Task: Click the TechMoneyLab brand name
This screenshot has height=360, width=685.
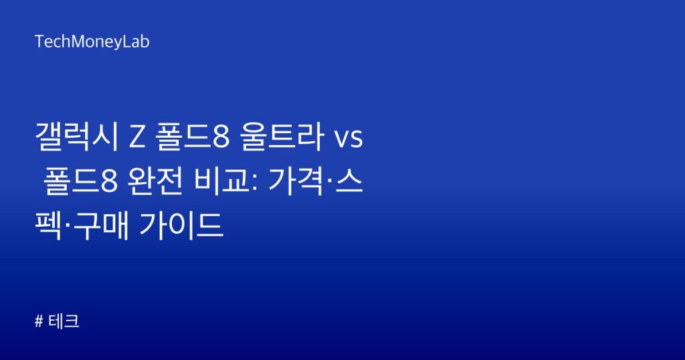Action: pos(92,42)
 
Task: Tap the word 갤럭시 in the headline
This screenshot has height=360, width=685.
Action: pos(76,137)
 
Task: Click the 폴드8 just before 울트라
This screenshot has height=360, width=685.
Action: pos(192,137)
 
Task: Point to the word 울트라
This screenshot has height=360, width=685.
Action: pos(282,137)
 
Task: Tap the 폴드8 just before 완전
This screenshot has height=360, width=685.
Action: pos(81,181)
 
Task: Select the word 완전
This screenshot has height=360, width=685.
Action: pos(155,181)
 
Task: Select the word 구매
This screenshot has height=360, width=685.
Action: pos(101,226)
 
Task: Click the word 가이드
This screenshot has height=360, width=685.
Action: pos(181,226)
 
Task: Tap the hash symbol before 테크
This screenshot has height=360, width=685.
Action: pos(39,322)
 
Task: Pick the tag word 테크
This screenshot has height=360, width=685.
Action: pos(64,322)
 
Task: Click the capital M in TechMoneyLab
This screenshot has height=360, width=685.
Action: pos(78,42)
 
